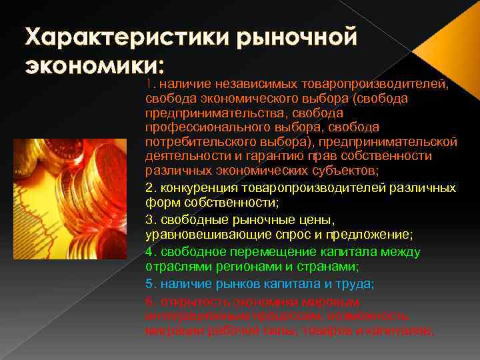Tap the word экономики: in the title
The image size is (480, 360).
(93, 67)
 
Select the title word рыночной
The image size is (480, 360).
(293, 37)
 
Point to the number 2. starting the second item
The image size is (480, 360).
(150, 187)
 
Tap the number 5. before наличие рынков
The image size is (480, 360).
(150, 283)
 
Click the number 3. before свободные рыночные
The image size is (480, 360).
(150, 221)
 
